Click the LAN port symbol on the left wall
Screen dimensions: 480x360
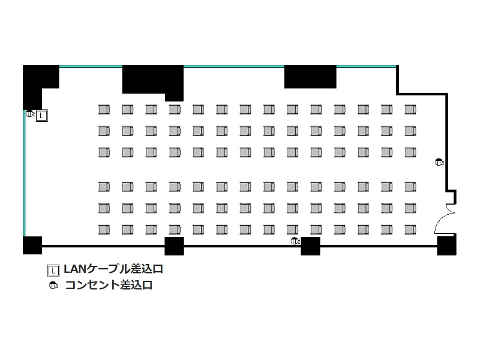click(x=42, y=116)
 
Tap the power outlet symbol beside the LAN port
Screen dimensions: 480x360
click(x=29, y=114)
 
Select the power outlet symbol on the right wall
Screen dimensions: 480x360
click(x=439, y=162)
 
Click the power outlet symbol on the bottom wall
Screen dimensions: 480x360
click(x=295, y=241)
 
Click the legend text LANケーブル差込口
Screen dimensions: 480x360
click(x=113, y=269)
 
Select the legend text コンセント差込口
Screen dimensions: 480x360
click(x=109, y=285)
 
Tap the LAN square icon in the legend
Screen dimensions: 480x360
click(x=53, y=271)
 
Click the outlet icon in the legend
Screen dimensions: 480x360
click(x=53, y=286)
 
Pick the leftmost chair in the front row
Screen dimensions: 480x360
click(x=104, y=110)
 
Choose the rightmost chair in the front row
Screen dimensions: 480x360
click(x=410, y=110)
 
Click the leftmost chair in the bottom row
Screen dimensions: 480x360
click(x=104, y=230)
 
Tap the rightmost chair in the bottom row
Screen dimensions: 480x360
click(x=410, y=230)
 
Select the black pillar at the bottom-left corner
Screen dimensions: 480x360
click(x=32, y=245)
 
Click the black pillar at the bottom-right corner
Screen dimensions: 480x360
click(x=446, y=245)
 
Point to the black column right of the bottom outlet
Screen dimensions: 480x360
click(x=310, y=246)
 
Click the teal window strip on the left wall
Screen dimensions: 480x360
click(x=24, y=173)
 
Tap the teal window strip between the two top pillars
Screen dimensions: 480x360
click(x=234, y=66)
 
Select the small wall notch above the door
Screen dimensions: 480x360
click(x=452, y=197)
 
